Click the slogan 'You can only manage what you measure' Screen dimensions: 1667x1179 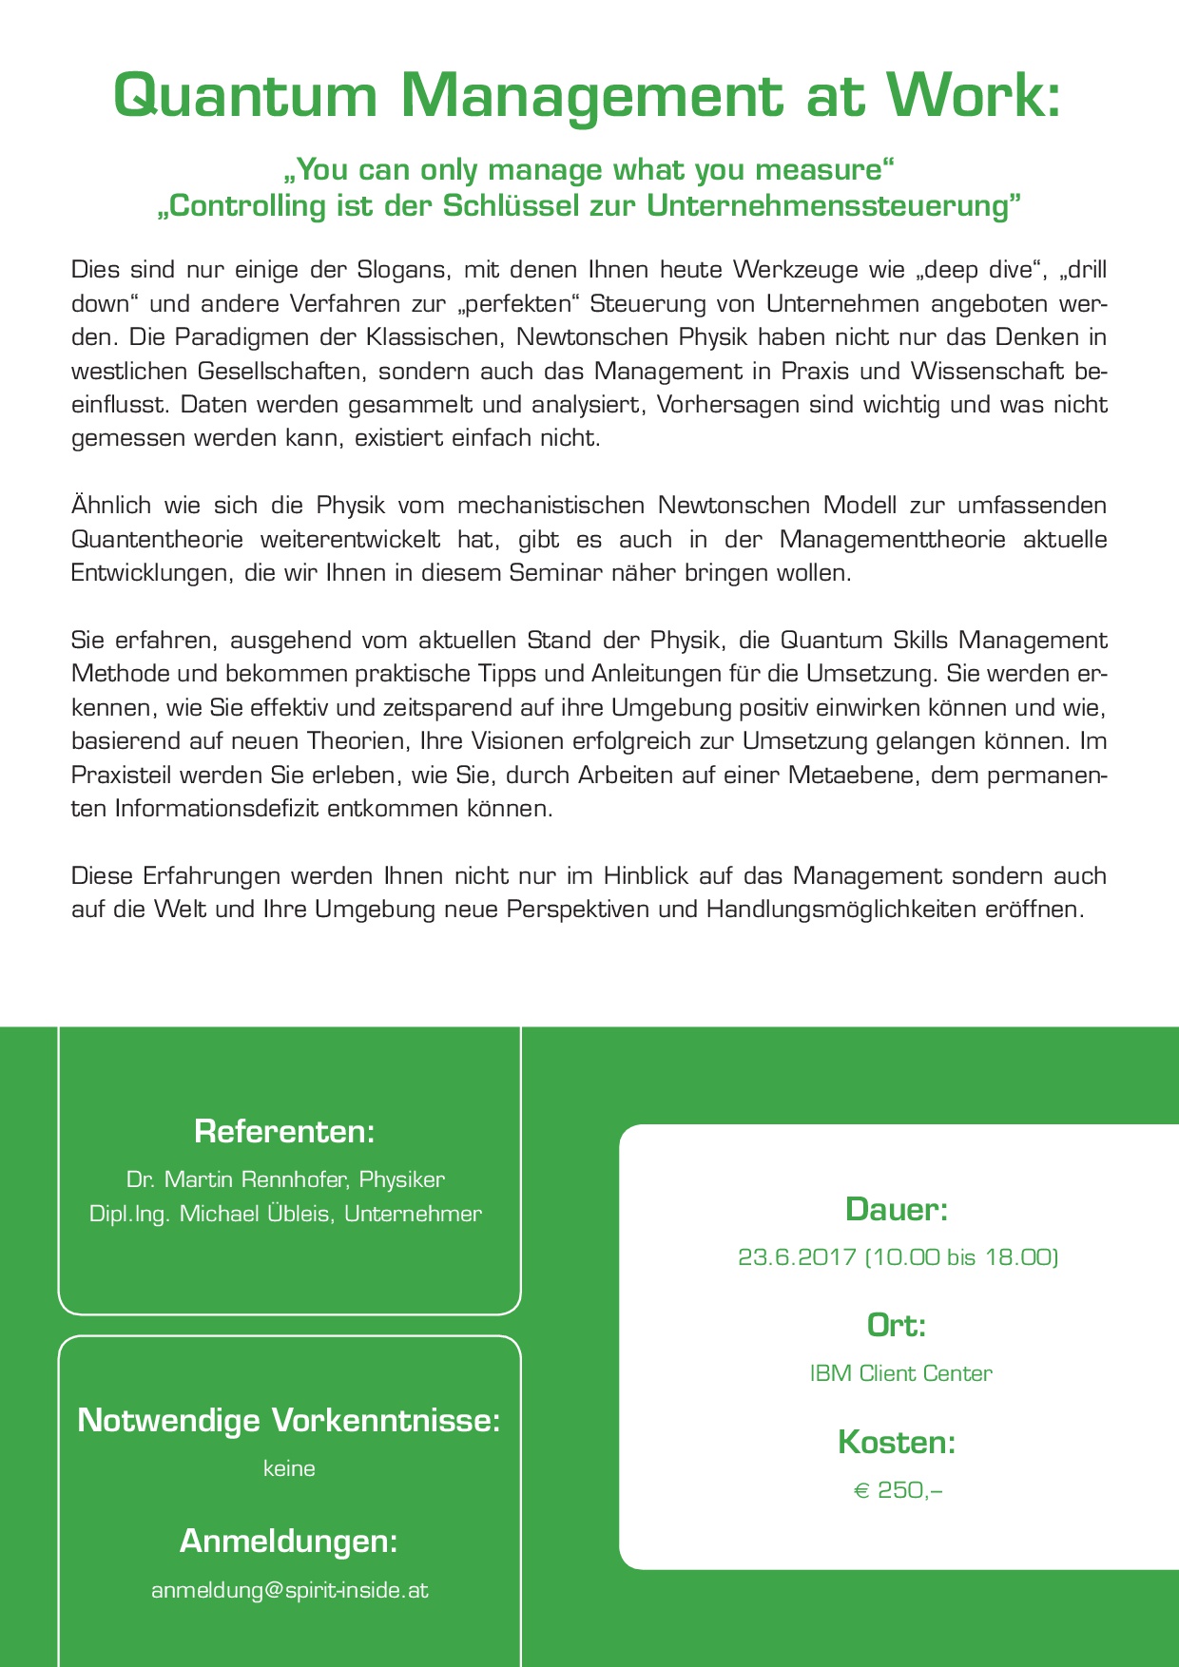coord(589,170)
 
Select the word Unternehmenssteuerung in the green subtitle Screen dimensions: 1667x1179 coord(832,206)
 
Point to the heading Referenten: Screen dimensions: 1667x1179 coord(284,1132)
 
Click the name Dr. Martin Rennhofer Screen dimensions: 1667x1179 coord(238,1179)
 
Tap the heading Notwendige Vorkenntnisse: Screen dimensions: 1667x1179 coord(289,1420)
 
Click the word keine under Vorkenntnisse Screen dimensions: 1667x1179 coord(289,1468)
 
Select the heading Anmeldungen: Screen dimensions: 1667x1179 coord(289,1541)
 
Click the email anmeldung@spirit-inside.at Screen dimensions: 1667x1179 coord(289,1590)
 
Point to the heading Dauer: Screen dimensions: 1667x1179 coord(897,1210)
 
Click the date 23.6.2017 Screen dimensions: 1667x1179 coord(797,1257)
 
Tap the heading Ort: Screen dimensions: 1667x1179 coord(897,1325)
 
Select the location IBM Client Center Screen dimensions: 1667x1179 coord(900,1373)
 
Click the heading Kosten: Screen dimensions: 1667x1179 coord(897,1443)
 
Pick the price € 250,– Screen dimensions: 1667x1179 coord(898,1490)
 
